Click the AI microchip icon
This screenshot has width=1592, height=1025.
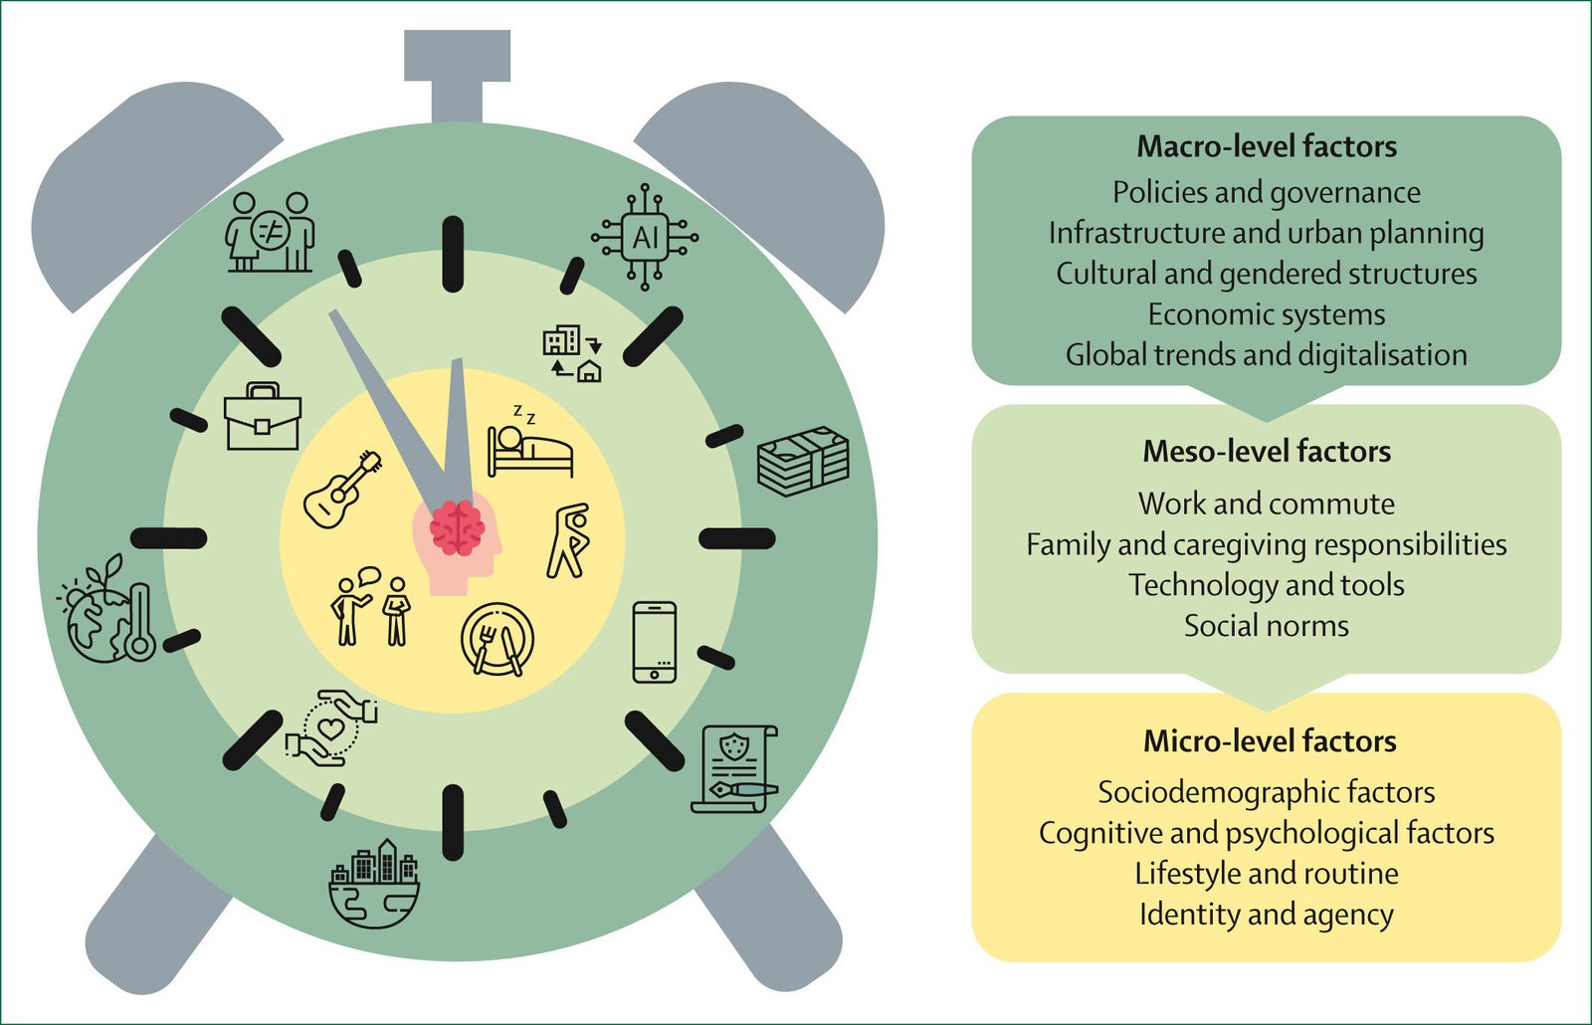point(645,237)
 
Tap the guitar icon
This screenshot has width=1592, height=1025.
point(342,489)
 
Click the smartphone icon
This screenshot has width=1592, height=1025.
point(655,642)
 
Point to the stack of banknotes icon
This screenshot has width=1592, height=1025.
point(803,461)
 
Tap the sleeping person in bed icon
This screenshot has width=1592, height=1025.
point(529,444)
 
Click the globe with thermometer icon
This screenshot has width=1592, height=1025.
point(108,612)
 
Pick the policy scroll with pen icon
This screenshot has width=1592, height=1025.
point(734,768)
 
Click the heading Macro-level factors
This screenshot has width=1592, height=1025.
point(1267,146)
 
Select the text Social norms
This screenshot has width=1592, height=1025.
point(1266,625)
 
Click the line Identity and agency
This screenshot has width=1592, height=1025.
point(1266,914)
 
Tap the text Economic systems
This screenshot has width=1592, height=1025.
point(1266,314)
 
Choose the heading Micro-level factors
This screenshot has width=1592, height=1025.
point(1269,740)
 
